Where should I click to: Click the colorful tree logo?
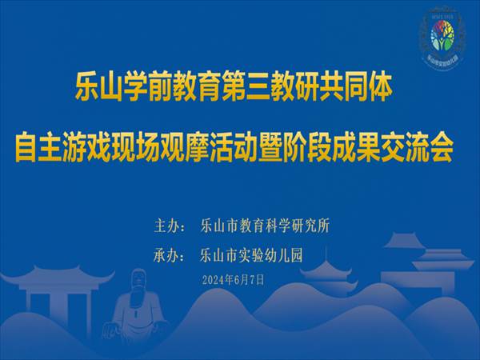coord(442,35)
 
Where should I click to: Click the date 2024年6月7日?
coord(234,280)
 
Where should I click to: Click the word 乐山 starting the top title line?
coord(91,87)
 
